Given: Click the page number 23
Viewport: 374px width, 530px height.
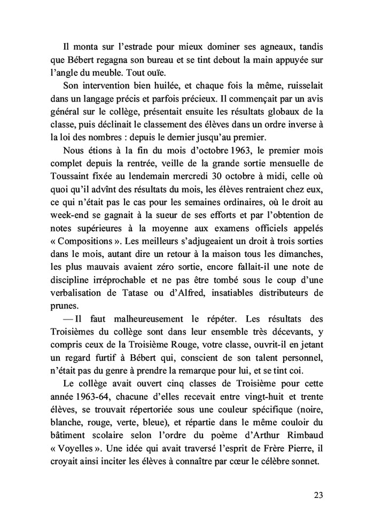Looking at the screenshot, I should (x=318, y=494).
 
